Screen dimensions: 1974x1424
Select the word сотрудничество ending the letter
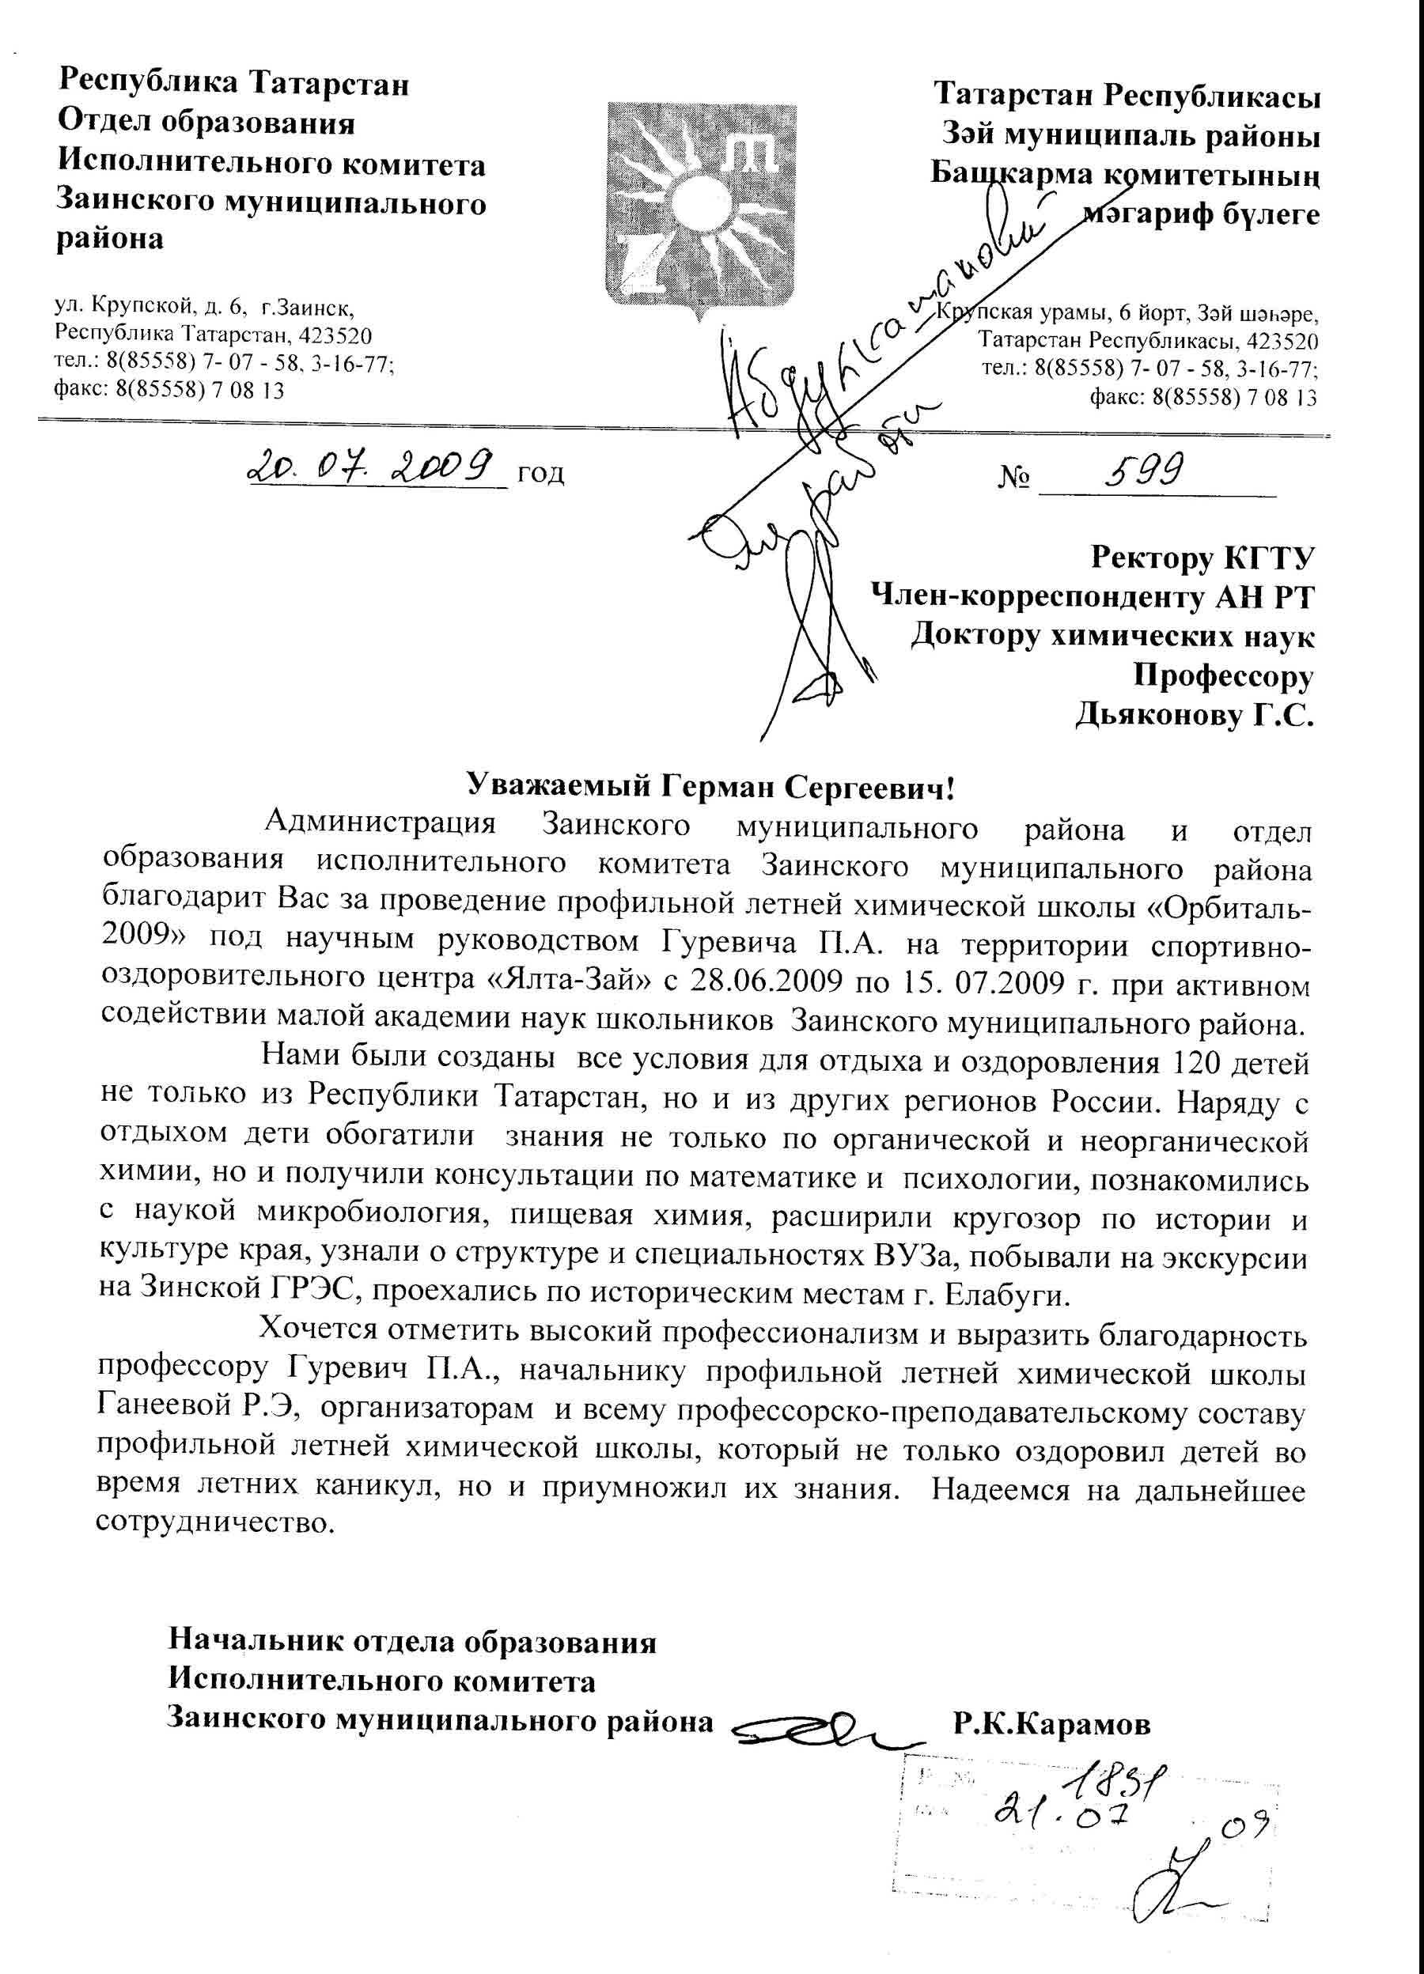[214, 1524]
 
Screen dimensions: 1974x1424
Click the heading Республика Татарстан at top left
[233, 84]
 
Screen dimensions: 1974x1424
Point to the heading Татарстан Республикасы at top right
[1127, 95]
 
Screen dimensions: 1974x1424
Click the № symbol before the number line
[1013, 477]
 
